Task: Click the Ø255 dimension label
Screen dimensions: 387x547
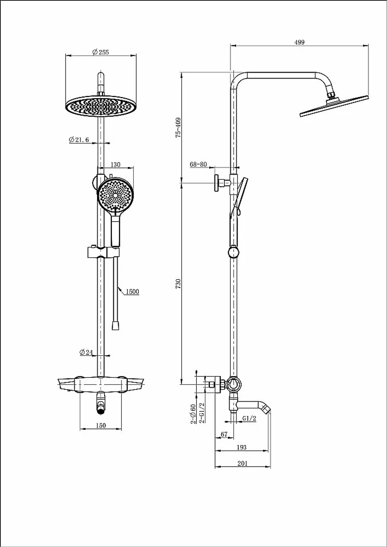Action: [x=101, y=52]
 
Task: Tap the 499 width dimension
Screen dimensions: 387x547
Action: [x=299, y=42]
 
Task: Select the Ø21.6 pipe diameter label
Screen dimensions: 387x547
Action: [x=79, y=140]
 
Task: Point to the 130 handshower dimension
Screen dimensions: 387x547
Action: [x=115, y=164]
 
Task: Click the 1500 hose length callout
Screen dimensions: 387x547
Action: [x=132, y=291]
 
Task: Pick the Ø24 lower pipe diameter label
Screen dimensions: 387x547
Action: [x=86, y=352]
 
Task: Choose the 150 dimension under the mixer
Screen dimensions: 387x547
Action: [x=101, y=426]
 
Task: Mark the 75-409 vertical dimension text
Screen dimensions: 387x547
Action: [x=178, y=128]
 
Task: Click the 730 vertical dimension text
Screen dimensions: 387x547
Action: [x=178, y=284]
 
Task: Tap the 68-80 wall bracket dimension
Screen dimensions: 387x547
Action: [x=199, y=164]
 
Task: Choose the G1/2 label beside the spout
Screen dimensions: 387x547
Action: [x=249, y=418]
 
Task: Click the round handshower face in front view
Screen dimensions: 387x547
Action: [x=116, y=196]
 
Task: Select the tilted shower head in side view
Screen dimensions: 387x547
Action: [x=334, y=106]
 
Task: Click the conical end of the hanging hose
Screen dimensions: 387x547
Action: [x=115, y=325]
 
